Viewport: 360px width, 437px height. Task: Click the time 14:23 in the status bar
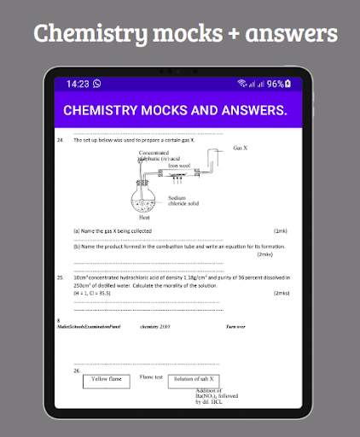click(78, 84)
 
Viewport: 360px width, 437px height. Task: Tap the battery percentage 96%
click(276, 84)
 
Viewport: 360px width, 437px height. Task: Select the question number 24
click(60, 139)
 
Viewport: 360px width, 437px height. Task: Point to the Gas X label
click(240, 148)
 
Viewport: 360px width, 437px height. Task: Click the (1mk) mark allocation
click(280, 230)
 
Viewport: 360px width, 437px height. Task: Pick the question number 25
click(60, 277)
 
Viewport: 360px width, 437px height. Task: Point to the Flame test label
click(151, 376)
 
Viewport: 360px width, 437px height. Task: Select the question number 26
click(77, 370)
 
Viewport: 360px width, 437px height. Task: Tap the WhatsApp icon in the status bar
click(96, 84)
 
